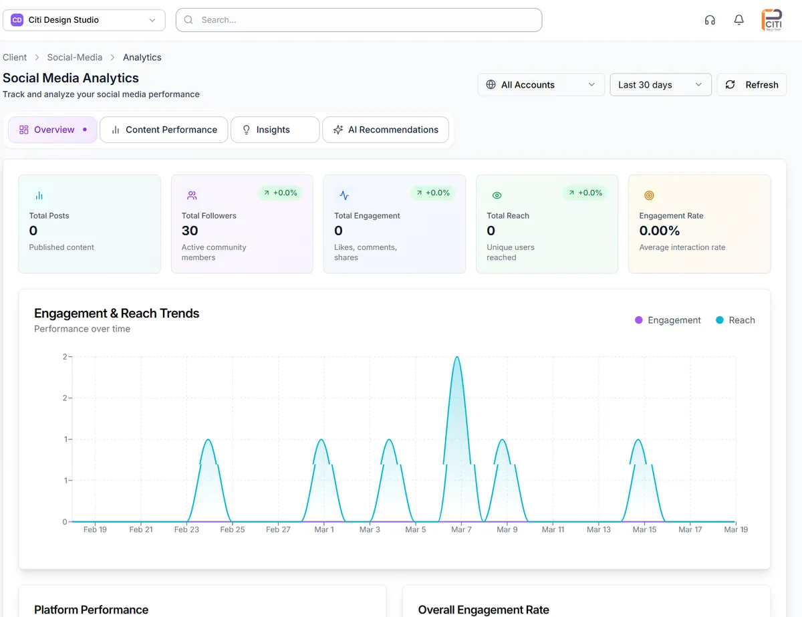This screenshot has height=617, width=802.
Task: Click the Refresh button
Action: [752, 85]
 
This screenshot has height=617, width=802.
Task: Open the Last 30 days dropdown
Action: [660, 85]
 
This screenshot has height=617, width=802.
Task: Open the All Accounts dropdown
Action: [541, 85]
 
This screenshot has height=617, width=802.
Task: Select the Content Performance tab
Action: [164, 130]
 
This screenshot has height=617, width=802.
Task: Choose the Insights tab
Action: [275, 130]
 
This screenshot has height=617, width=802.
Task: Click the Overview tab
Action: [53, 130]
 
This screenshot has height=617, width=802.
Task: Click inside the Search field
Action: [359, 20]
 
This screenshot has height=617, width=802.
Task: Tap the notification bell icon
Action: [739, 20]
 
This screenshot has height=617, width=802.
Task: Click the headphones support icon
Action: [710, 20]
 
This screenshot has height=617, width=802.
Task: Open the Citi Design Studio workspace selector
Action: [84, 20]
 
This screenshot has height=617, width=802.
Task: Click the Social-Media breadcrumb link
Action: [74, 57]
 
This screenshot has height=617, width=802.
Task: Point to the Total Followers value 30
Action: [190, 231]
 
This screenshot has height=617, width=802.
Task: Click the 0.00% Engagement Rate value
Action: [659, 231]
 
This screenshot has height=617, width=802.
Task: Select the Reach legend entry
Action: [734, 320]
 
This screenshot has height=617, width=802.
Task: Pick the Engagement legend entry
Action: [667, 320]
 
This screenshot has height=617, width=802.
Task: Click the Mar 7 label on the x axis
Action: [461, 529]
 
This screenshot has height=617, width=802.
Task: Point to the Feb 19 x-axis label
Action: [95, 529]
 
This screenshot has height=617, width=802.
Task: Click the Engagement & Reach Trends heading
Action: [116, 314]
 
